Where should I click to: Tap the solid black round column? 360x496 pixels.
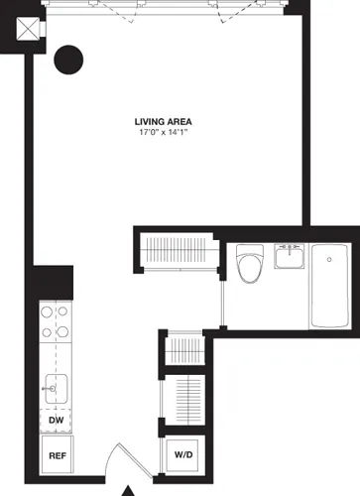[x=68, y=62]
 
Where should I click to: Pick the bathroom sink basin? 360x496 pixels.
[x=289, y=257]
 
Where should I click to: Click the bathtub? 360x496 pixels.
[x=328, y=289]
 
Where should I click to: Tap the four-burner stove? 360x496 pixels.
[x=54, y=322]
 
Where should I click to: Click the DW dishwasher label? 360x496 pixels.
[x=57, y=420]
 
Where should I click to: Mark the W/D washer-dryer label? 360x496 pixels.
[x=184, y=455]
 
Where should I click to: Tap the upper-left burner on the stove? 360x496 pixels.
[x=46, y=311]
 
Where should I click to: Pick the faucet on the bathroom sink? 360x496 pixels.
[x=289, y=247]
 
